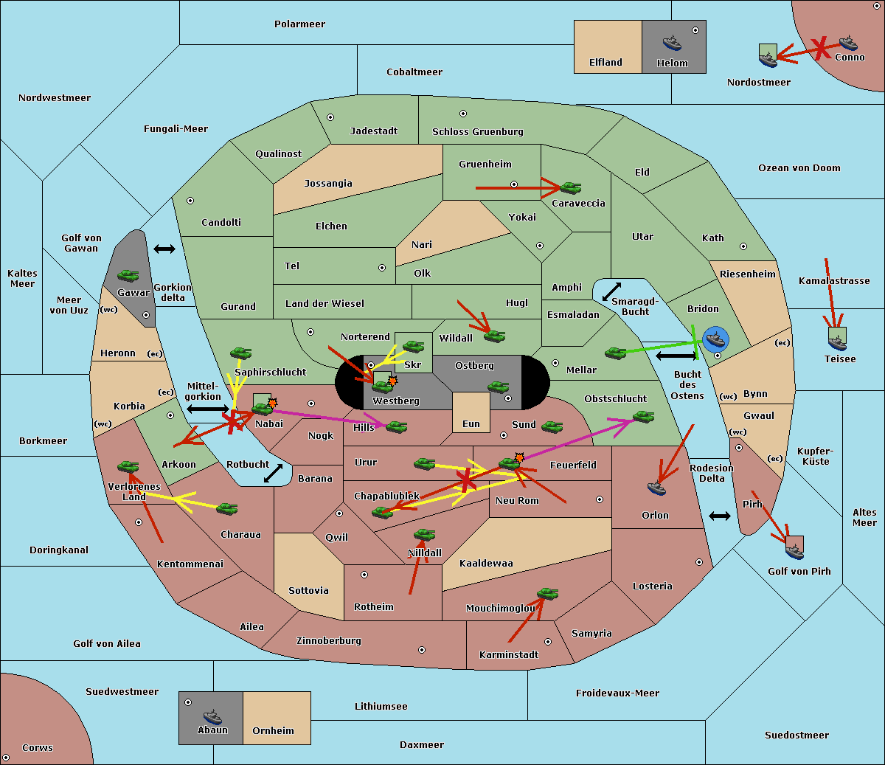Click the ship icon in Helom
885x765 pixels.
[672, 44]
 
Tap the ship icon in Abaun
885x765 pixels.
[212, 717]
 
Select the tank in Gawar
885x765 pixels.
[128, 276]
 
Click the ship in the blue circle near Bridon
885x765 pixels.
[716, 339]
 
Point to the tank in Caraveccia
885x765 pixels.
[571, 188]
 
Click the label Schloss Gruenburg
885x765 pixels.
[478, 131]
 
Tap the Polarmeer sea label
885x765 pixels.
[299, 24]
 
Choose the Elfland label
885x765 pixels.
[605, 63]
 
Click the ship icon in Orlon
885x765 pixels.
[656, 488]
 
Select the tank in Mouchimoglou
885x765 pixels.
[548, 594]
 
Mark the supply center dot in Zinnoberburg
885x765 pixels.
[422, 650]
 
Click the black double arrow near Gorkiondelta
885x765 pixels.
[164, 249]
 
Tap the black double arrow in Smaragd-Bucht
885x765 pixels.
[611, 291]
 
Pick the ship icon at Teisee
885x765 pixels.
[838, 342]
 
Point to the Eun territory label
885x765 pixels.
[471, 424]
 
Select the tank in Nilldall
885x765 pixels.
[424, 535]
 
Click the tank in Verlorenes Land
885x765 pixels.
[128, 466]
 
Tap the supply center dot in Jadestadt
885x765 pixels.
[330, 117]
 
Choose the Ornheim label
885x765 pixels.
[273, 730]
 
